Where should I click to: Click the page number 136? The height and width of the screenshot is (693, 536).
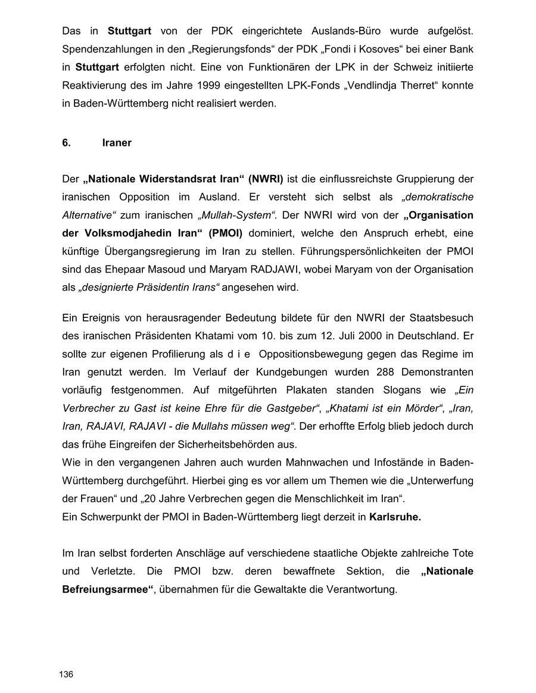66,674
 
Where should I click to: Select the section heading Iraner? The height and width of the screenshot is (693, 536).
117,143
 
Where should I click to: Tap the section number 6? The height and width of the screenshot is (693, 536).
66,143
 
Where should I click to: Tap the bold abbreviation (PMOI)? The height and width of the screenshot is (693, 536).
226,233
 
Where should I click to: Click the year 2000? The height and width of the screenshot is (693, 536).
370,335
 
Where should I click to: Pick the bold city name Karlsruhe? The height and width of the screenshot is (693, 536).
395,517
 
